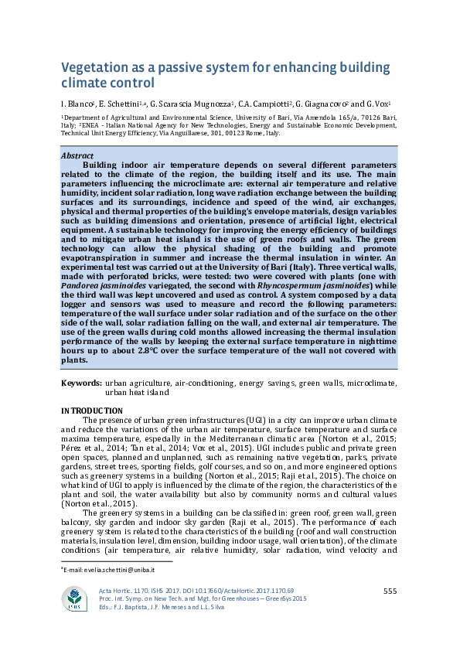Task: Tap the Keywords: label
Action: (x=81, y=383)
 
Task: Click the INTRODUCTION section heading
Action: (x=92, y=410)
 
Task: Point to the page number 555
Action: (x=391, y=591)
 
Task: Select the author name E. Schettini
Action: (x=122, y=103)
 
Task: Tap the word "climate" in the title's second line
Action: (x=92, y=84)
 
